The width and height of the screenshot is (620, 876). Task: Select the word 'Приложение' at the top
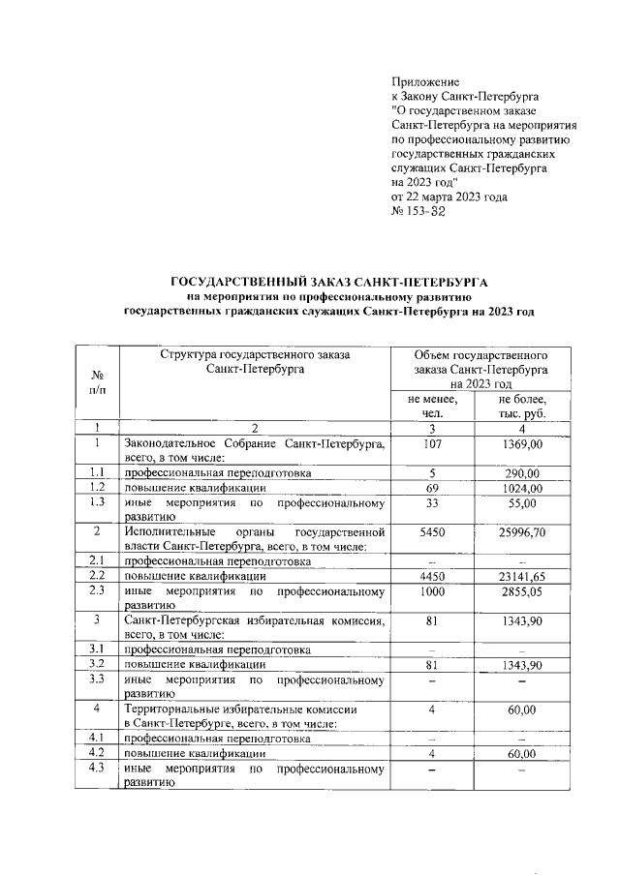(425, 81)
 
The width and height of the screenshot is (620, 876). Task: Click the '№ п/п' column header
(97, 380)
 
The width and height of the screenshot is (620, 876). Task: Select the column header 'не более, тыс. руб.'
(522, 406)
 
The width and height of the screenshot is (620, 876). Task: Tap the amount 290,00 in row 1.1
(522, 472)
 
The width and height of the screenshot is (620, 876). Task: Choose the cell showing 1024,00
(522, 488)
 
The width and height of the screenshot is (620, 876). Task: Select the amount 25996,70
(522, 532)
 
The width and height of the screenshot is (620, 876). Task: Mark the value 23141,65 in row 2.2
(522, 575)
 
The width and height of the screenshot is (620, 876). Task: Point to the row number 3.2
(97, 664)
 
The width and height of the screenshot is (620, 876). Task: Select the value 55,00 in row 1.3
(522, 503)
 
